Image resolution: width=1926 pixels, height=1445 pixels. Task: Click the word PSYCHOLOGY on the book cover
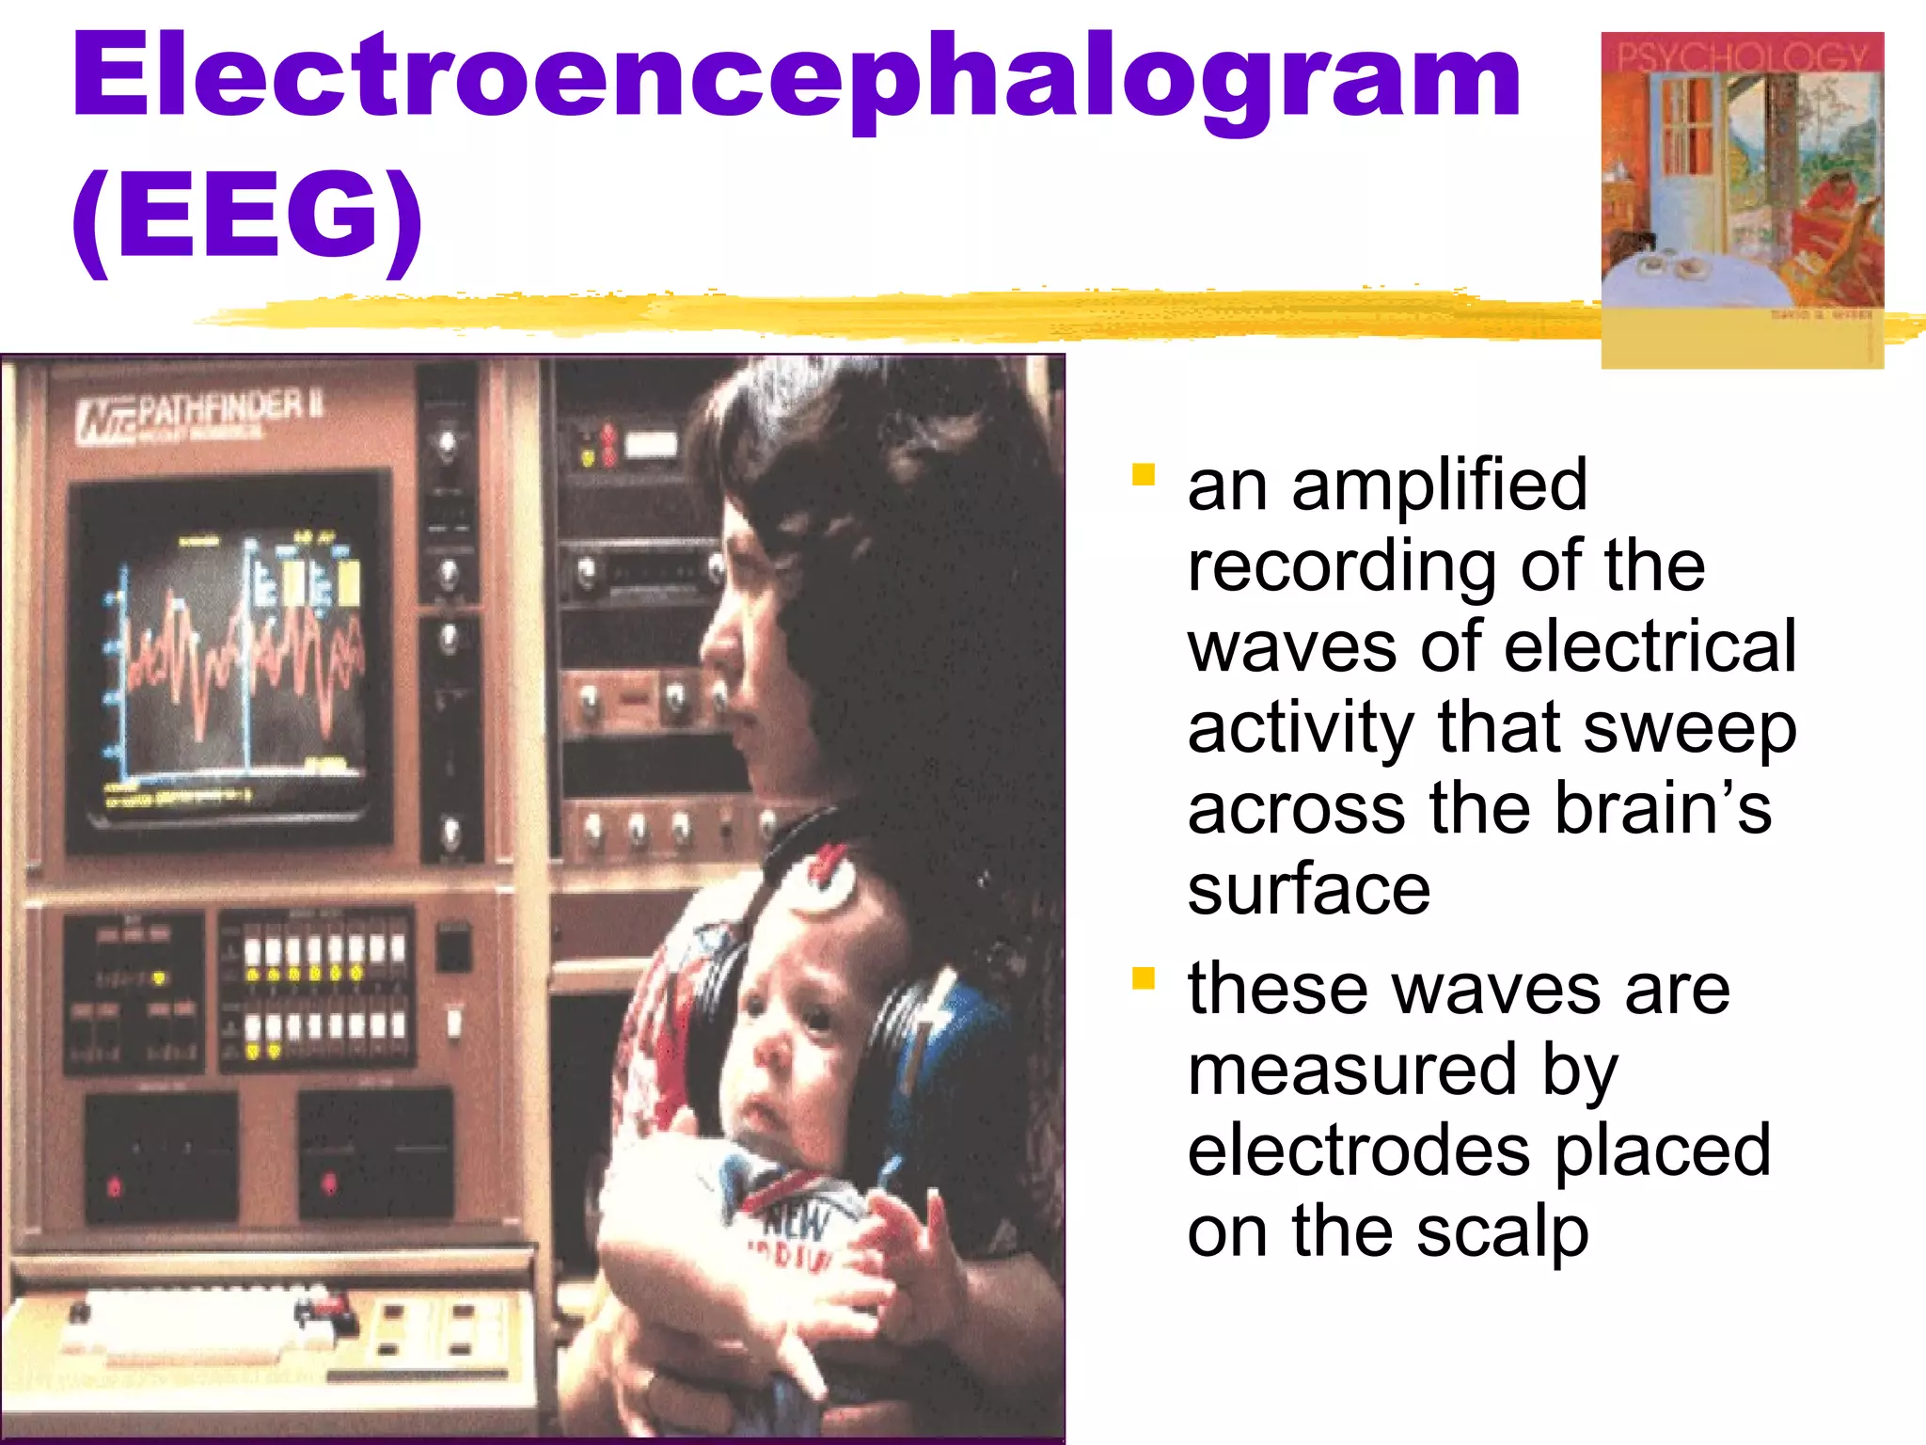[x=1742, y=56]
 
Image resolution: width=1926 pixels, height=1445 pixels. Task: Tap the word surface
[x=1308, y=890]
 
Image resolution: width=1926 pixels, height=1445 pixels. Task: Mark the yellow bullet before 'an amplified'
[x=1143, y=474]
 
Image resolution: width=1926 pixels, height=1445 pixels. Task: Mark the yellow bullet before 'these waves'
[x=1143, y=980]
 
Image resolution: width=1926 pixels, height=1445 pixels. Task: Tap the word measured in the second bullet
[x=1351, y=1071]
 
